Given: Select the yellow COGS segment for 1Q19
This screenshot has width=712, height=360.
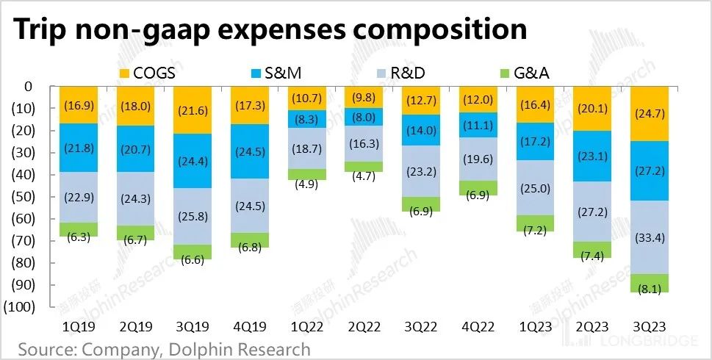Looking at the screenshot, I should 79,105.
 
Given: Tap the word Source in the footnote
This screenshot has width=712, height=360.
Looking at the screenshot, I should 48,348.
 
